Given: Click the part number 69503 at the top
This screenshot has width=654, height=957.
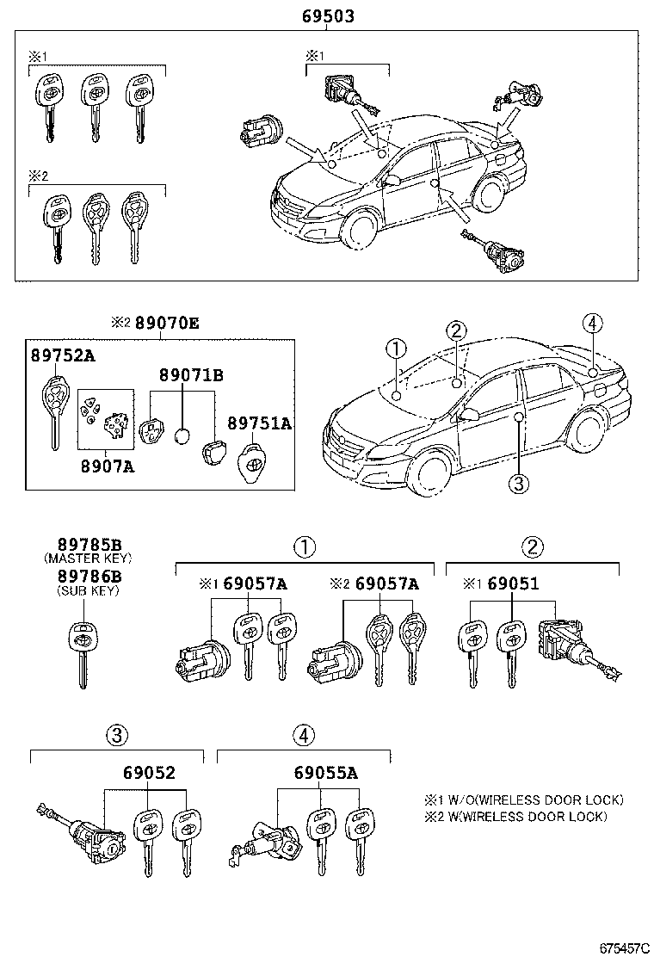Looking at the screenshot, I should pos(328,16).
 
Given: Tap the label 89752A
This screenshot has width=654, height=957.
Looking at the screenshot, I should pos(64,355).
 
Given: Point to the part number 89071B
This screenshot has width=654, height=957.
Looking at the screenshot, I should pos(190,375).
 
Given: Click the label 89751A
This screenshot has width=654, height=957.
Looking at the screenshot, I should pos(259,423).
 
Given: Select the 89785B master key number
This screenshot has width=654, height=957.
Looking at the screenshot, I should pos(89,544).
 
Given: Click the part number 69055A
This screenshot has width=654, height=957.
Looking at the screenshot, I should pos(324,773).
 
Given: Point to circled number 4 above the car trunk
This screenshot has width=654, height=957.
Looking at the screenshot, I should pos(590,324).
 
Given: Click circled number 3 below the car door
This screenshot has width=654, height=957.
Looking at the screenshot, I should pos(517,485).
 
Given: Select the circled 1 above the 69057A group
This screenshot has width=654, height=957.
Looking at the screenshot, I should pos(303,546).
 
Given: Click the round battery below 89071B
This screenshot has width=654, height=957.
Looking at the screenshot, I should pos(182,437).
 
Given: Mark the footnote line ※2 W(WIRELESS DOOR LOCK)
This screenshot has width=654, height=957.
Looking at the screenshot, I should pos(515,816).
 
